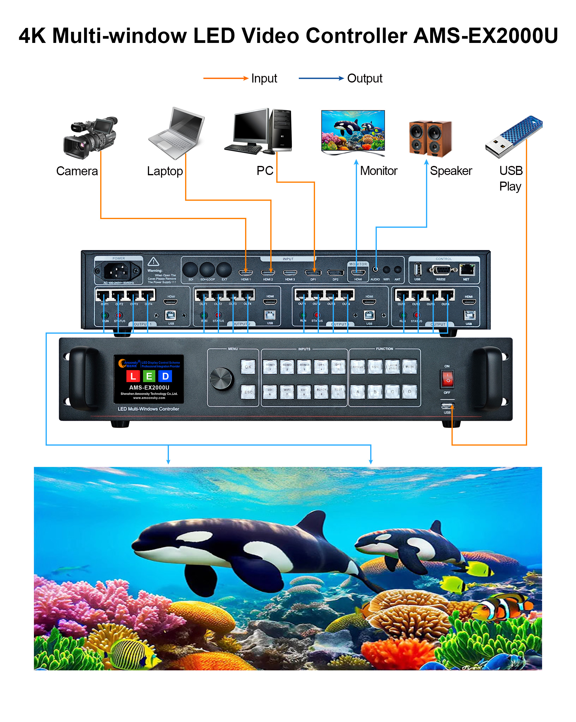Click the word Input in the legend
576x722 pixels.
[264, 78]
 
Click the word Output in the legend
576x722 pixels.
[364, 78]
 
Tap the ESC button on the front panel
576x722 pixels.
[248, 392]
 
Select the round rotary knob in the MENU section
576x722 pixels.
[221, 379]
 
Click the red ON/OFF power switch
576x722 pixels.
[447, 378]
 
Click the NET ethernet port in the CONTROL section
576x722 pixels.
[467, 269]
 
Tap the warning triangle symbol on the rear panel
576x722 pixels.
[153, 261]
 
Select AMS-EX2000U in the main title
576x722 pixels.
[486, 36]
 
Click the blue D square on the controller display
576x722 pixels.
[165, 376]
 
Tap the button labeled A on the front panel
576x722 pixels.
[358, 392]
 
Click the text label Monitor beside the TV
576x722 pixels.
[378, 171]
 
